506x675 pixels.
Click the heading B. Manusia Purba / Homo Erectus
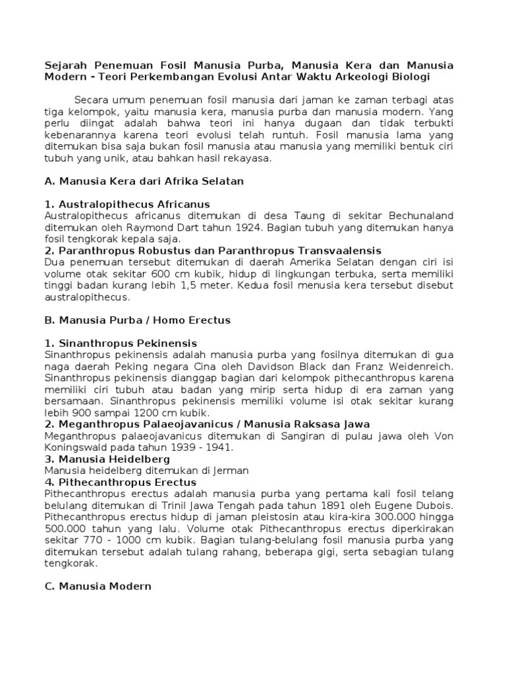[137, 321]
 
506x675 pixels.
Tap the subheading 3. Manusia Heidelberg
[107, 459]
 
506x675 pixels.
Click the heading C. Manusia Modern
[98, 586]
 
